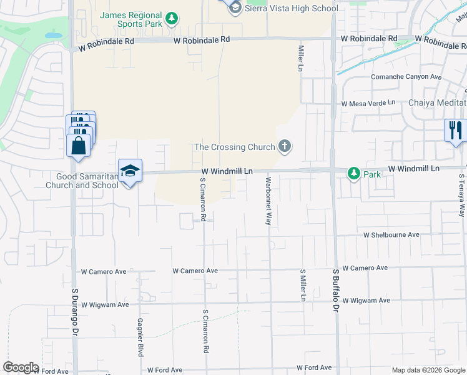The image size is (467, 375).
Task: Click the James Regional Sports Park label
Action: [130, 19]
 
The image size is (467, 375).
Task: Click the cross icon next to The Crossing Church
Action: [285, 147]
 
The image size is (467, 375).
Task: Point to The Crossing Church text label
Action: [235, 147]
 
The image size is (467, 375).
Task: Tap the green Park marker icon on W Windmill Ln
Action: [354, 172]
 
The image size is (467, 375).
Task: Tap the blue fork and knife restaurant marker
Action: [455, 130]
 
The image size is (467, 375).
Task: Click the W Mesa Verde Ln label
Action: [368, 102]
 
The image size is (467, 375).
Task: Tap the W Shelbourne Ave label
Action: [391, 235]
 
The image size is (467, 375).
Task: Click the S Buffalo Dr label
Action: [335, 291]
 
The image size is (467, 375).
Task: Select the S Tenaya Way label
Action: [462, 194]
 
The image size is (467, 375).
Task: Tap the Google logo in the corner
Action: [20, 367]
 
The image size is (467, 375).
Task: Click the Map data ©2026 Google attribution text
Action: [428, 371]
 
